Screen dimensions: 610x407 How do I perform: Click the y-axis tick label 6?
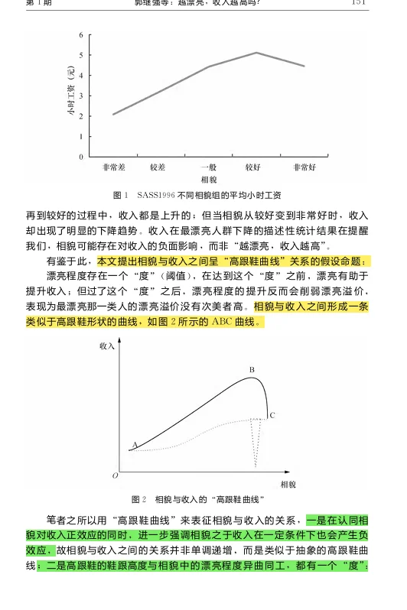pyautogui.click(x=80, y=35)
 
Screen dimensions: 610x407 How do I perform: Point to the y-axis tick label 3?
pyautogui.click(x=80, y=96)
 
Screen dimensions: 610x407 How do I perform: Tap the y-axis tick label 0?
pyautogui.click(x=80, y=156)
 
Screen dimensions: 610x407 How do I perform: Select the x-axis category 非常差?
pyautogui.click(x=113, y=167)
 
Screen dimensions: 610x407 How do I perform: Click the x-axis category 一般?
pyautogui.click(x=209, y=167)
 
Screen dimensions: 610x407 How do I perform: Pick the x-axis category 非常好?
pyautogui.click(x=304, y=167)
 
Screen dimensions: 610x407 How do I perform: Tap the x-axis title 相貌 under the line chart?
pyautogui.click(x=209, y=179)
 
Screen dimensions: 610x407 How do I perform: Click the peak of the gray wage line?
pyautogui.click(x=256, y=53)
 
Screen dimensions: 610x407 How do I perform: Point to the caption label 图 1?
pyautogui.click(x=120, y=195)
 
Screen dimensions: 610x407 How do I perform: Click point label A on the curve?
pyautogui.click(x=135, y=444)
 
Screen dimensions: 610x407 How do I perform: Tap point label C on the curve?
pyautogui.click(x=272, y=415)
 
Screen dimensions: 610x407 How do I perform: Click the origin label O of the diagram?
pyautogui.click(x=115, y=475)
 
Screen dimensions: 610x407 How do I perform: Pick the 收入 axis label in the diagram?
pyautogui.click(x=107, y=347)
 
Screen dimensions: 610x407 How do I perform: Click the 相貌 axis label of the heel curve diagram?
pyautogui.click(x=288, y=484)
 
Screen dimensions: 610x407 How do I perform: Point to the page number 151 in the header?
pyautogui.click(x=360, y=3)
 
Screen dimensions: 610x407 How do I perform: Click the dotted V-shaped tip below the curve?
pyautogui.click(x=257, y=465)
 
